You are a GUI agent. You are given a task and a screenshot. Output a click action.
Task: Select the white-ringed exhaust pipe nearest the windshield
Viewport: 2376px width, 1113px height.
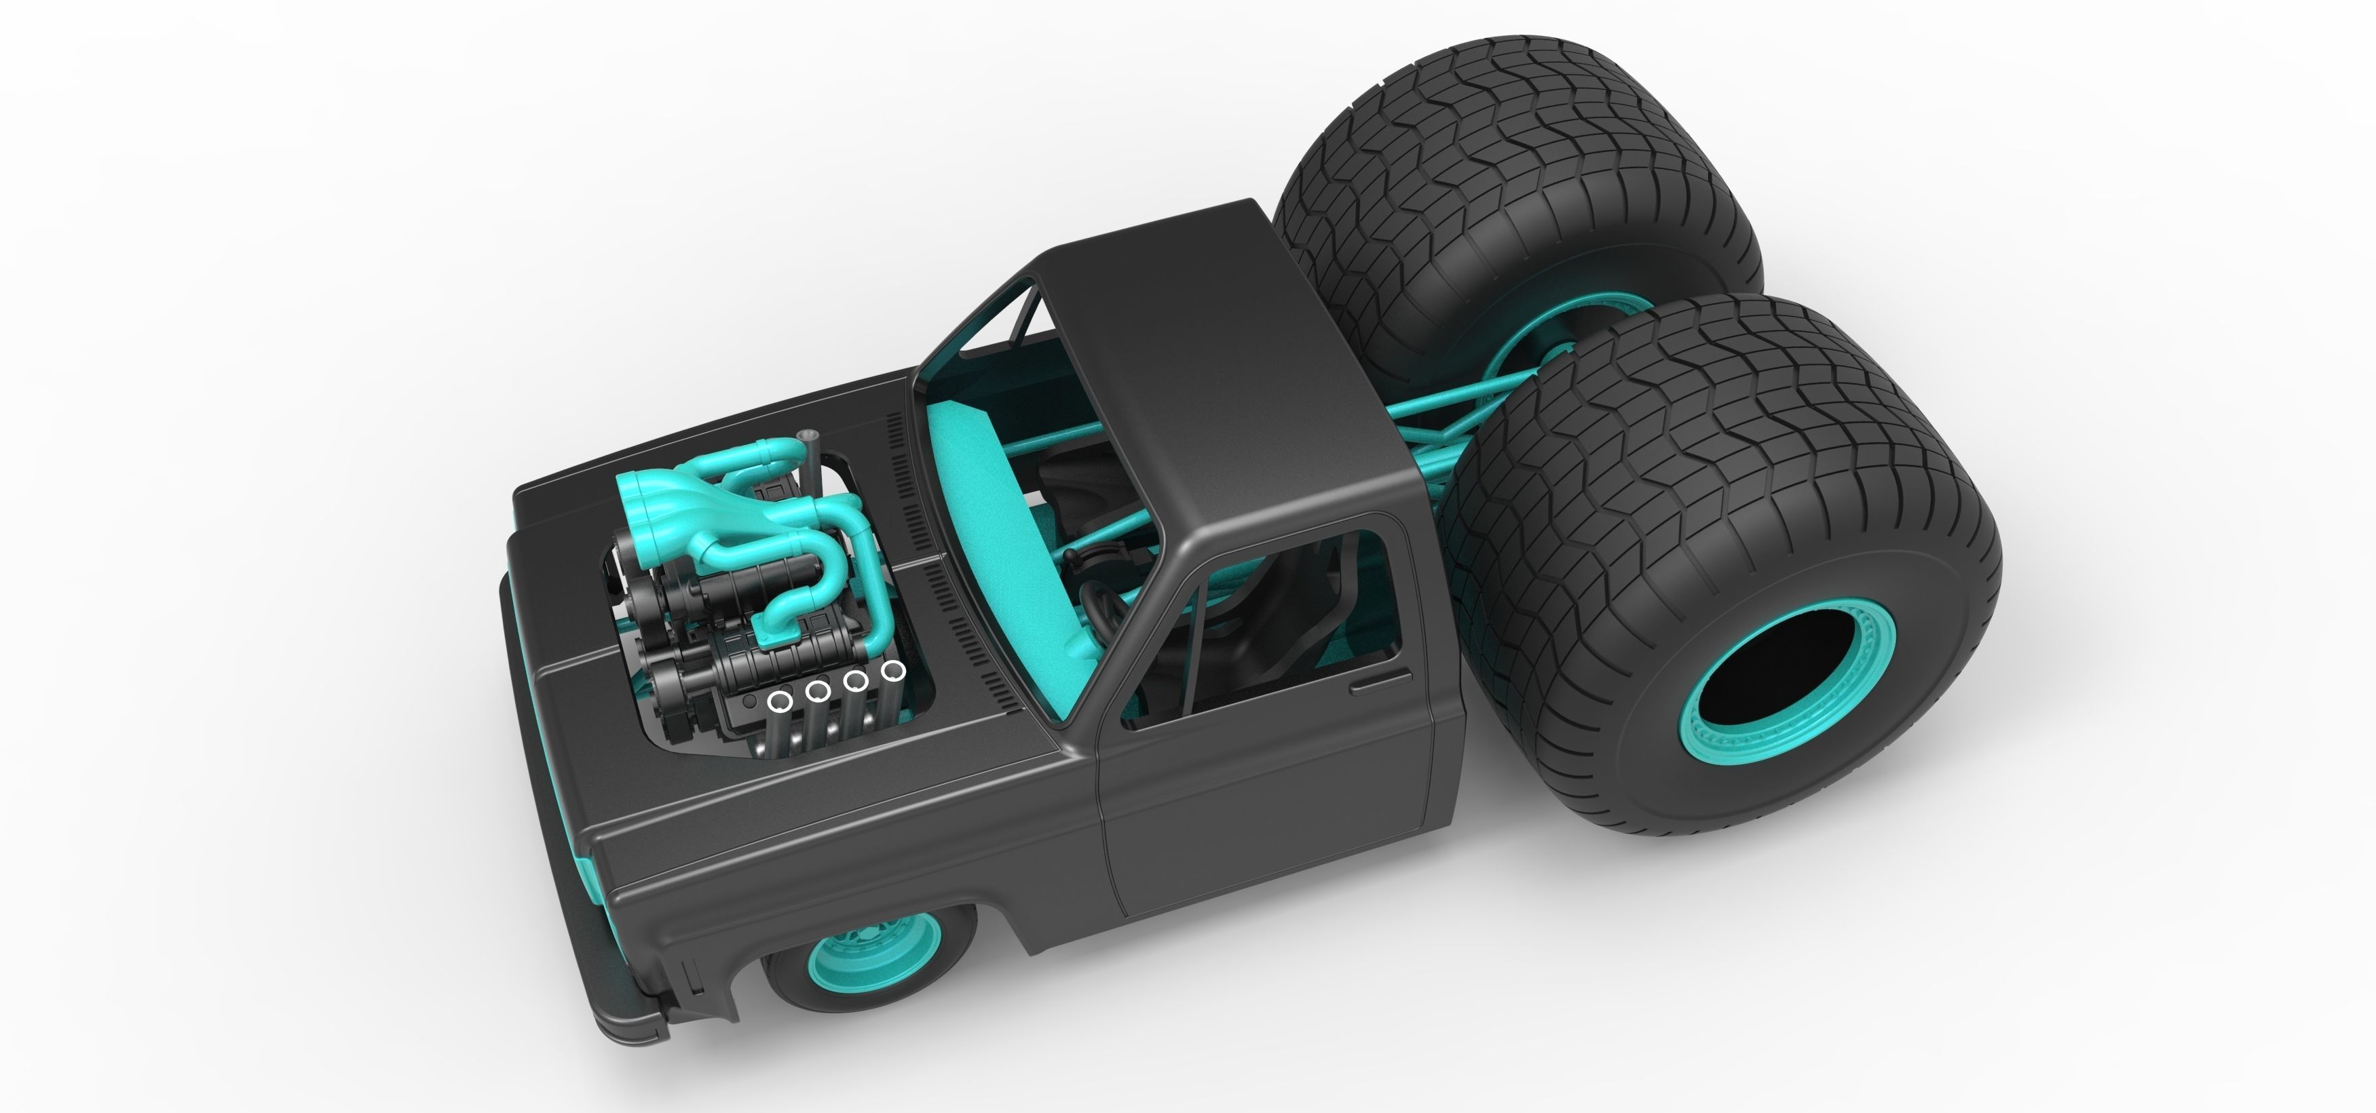pos(891,670)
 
